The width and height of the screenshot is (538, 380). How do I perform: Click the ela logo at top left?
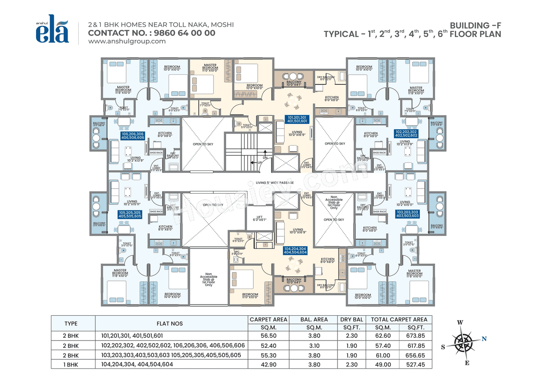click(x=52, y=31)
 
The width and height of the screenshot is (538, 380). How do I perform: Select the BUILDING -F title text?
click(x=475, y=26)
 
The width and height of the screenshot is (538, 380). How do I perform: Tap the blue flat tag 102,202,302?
click(x=406, y=134)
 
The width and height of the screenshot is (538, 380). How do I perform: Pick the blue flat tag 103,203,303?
click(x=407, y=213)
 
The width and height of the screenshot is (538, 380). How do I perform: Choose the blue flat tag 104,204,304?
click(x=295, y=251)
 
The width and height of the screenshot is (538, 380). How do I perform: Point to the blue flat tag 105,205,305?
click(x=130, y=215)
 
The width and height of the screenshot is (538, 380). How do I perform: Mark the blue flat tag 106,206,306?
click(x=133, y=136)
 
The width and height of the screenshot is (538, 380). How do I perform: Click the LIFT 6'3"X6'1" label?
click(x=260, y=219)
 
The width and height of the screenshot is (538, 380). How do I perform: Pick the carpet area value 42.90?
click(x=268, y=364)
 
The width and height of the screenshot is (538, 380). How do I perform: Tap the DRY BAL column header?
click(x=353, y=320)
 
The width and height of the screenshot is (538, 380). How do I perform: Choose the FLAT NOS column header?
click(x=171, y=323)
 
